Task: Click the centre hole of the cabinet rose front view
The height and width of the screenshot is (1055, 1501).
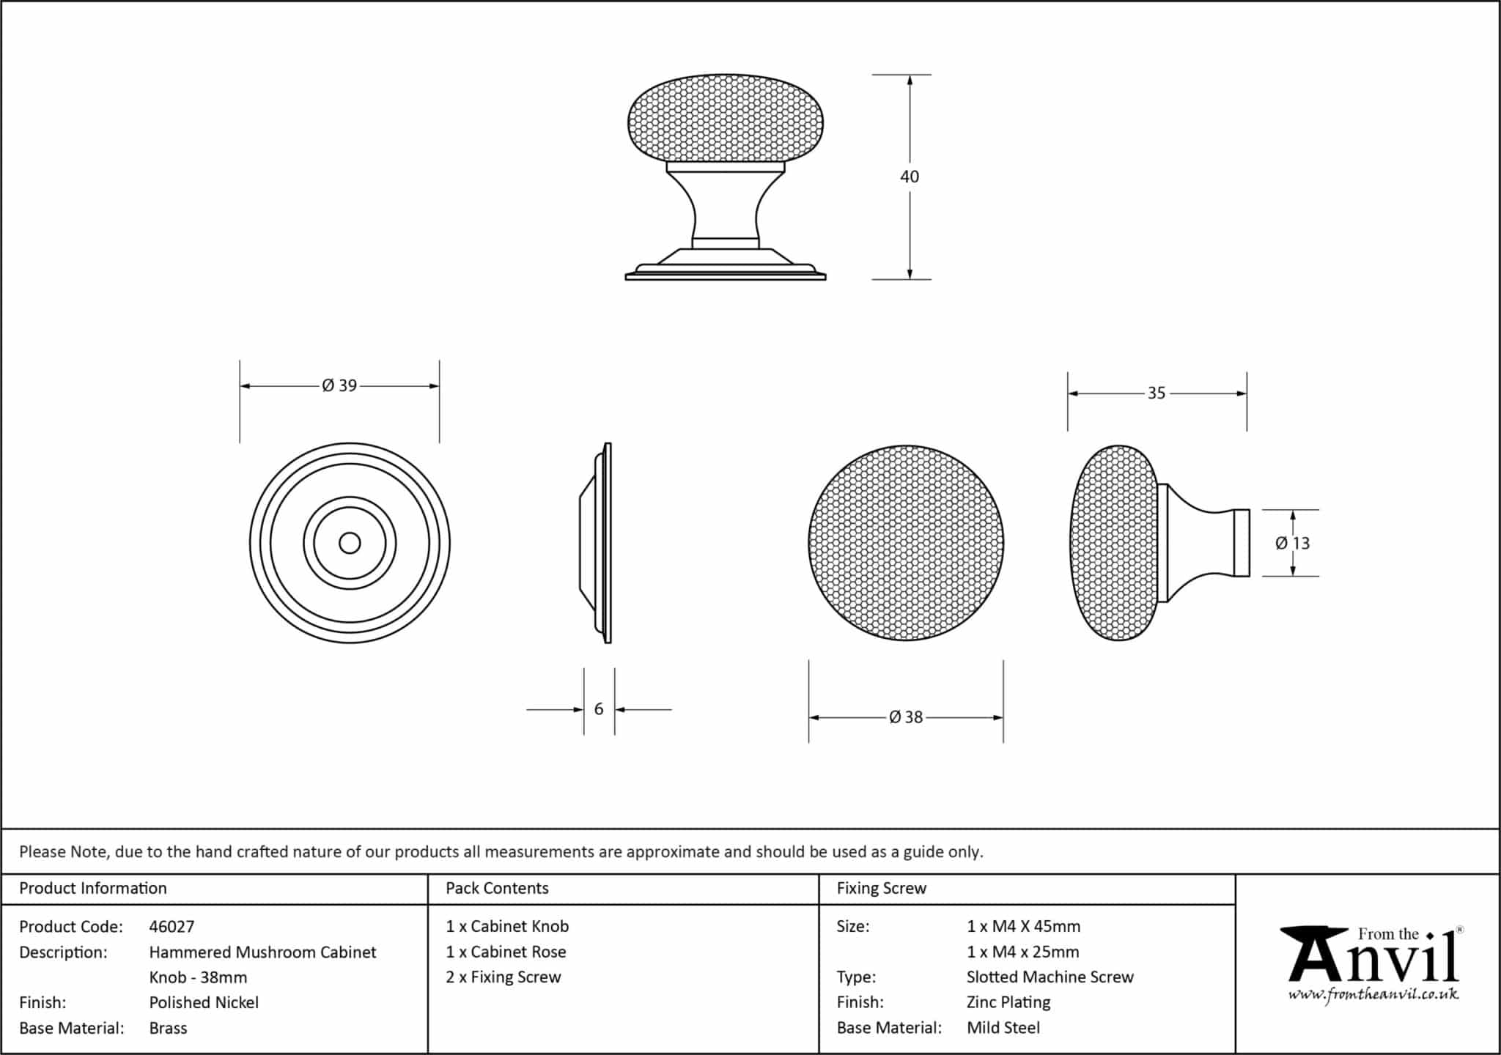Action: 350,543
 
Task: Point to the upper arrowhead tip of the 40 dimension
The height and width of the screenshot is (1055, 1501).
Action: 910,75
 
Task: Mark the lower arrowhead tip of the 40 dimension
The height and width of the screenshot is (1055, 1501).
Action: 910,279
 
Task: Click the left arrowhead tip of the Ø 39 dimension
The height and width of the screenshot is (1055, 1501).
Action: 240,386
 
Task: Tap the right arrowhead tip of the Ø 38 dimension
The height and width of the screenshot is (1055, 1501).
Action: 1003,717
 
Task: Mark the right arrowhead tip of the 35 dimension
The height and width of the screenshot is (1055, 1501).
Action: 1246,393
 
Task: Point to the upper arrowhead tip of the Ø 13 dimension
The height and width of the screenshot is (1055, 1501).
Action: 1292,511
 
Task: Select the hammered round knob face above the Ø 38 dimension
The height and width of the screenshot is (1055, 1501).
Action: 906,543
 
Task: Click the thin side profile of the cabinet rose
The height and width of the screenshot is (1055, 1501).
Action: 595,543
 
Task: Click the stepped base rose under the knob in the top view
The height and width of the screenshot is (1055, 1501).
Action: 726,264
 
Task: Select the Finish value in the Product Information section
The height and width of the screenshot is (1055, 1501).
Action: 204,1002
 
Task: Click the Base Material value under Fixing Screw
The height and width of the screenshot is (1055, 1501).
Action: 1003,1028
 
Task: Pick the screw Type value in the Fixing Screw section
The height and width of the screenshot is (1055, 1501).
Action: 1050,977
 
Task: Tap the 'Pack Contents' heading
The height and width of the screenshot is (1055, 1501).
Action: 497,888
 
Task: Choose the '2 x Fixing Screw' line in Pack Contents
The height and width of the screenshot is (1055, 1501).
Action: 504,977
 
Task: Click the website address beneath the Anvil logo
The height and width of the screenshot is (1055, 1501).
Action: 1373,994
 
